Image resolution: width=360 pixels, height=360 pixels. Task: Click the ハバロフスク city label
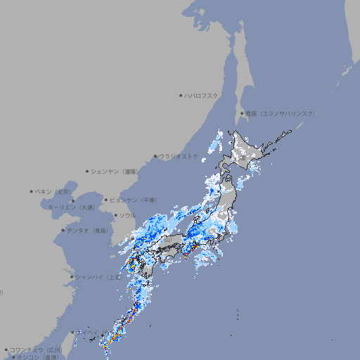tap(202, 95)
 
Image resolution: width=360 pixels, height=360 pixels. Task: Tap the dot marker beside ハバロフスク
tap(181, 95)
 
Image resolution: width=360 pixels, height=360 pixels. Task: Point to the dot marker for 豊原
tap(242, 113)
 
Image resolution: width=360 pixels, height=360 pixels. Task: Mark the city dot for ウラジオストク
tap(155, 156)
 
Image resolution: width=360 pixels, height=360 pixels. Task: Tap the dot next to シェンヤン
tap(87, 171)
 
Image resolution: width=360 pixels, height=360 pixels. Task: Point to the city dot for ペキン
tap(32, 191)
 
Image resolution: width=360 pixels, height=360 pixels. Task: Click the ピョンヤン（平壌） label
tap(133, 200)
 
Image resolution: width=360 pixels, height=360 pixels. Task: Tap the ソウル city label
tap(127, 215)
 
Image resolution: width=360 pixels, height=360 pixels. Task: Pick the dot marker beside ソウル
tap(115, 215)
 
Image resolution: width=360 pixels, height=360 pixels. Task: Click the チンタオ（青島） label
tap(88, 230)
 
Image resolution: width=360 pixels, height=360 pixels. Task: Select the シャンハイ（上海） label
tap(98, 277)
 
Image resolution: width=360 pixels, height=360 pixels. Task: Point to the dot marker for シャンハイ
tap(72, 277)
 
